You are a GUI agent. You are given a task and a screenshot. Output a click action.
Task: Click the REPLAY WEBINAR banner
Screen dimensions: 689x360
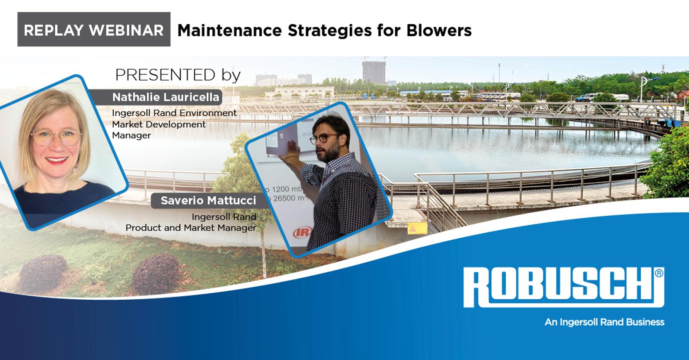[94, 30]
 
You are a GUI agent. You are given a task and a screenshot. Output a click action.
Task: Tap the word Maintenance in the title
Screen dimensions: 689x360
[230, 31]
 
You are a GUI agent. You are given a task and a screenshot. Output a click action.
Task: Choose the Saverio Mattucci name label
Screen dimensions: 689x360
[208, 201]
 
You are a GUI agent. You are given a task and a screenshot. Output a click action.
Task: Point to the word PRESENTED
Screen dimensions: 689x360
[165, 75]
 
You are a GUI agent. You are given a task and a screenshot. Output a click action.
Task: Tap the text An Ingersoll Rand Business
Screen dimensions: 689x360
[605, 322]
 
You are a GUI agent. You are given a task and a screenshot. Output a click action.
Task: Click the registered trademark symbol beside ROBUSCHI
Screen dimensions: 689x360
[659, 273]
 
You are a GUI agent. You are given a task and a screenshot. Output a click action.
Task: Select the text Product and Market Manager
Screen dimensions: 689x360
[191, 228]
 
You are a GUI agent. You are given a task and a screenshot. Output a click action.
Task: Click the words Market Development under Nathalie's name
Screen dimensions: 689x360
[159, 124]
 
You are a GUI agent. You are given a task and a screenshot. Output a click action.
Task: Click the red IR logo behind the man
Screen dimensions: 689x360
[302, 232]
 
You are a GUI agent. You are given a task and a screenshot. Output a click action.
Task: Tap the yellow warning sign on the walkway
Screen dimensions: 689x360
[417, 228]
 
